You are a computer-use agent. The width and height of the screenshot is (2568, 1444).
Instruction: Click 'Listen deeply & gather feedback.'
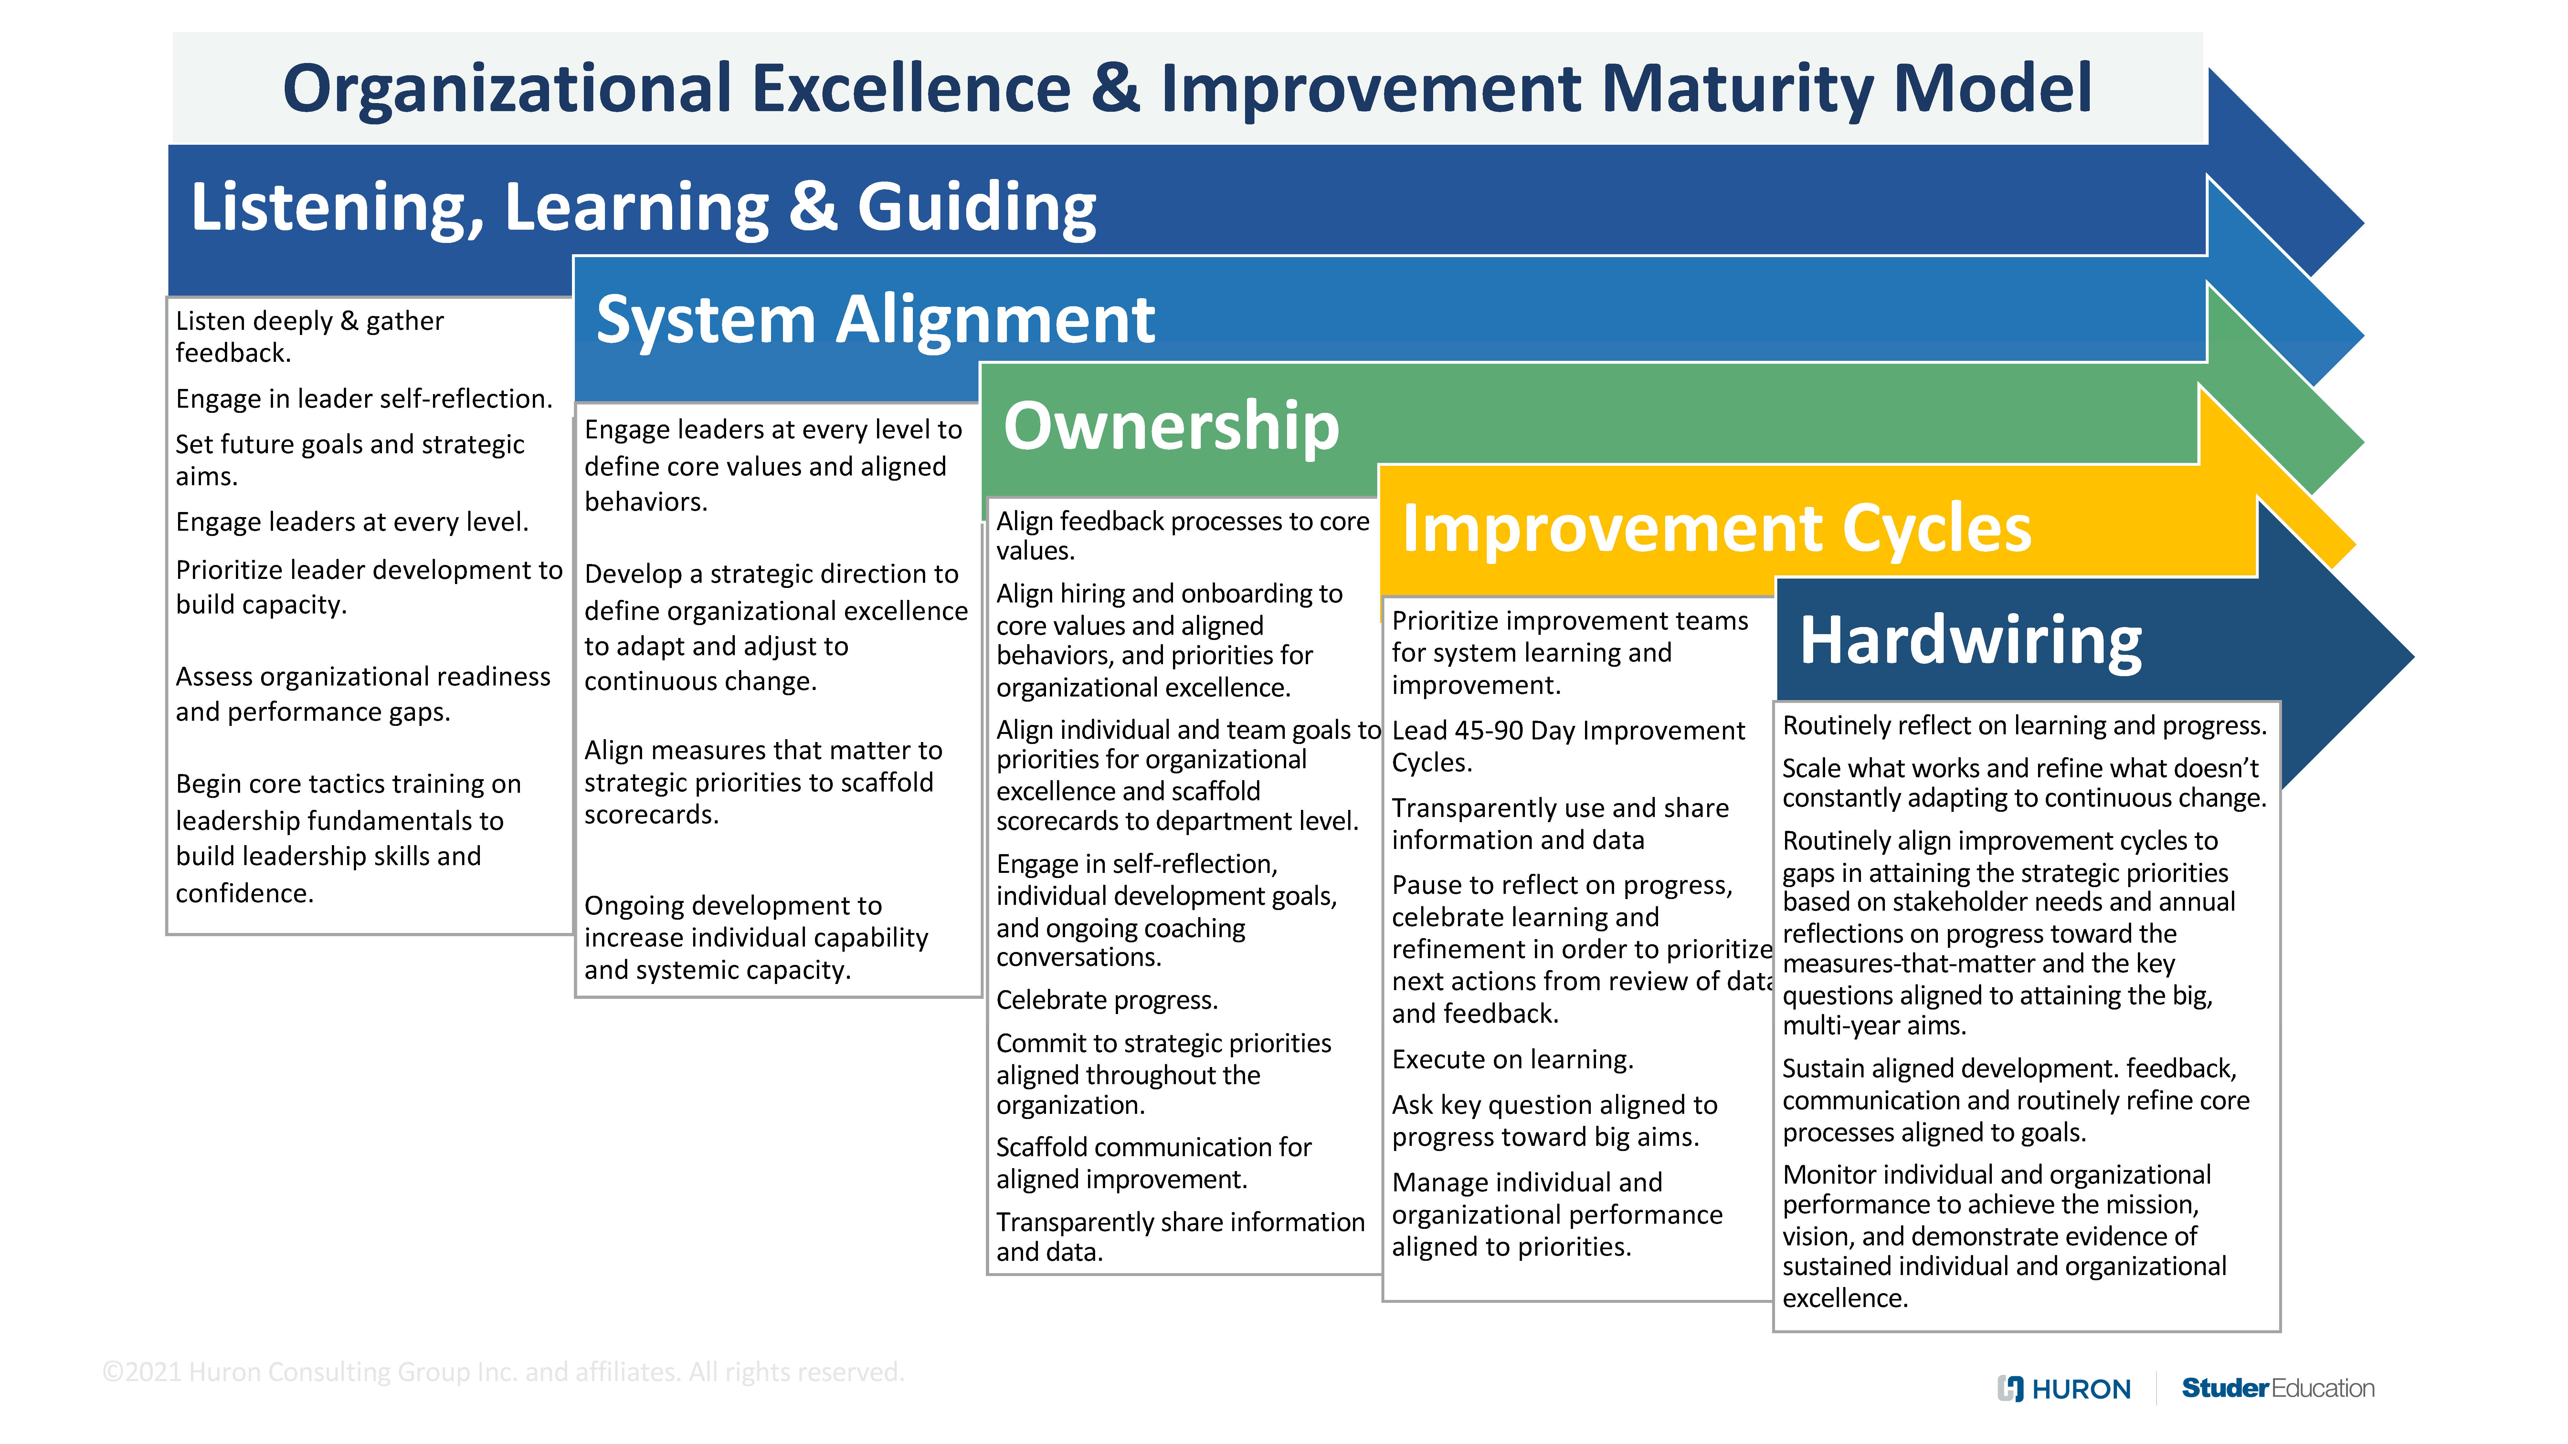[x=309, y=337]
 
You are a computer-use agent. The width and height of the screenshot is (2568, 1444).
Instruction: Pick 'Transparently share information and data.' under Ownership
[x=1179, y=1237]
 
